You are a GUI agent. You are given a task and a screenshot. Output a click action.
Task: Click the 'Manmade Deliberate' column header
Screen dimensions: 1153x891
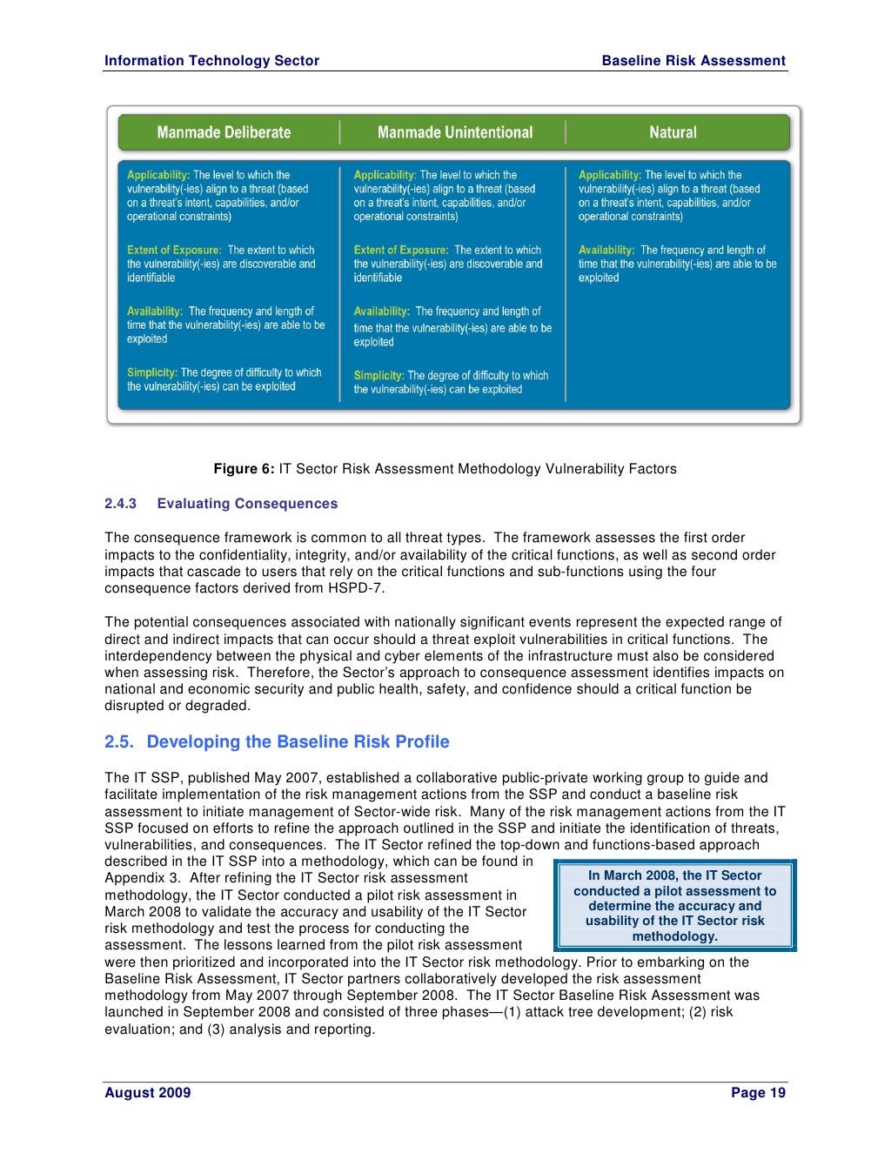pos(224,132)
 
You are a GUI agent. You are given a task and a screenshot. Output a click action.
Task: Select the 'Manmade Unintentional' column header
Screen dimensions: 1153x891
pos(454,132)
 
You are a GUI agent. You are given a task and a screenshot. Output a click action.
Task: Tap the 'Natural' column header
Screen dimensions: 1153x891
pos(673,132)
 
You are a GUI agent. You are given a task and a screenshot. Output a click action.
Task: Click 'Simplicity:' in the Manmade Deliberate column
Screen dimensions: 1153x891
pos(152,372)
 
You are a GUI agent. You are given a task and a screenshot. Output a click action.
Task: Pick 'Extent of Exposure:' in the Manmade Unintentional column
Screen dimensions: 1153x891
pos(401,250)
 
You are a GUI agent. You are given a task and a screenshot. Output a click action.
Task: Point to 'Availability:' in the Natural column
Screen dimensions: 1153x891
pos(606,250)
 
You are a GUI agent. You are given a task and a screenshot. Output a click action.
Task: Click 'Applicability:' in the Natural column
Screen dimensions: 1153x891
pos(609,175)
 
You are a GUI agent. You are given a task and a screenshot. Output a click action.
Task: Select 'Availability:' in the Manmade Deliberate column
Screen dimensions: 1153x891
pos(155,311)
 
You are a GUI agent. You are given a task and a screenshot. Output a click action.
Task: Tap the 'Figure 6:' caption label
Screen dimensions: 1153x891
pos(245,469)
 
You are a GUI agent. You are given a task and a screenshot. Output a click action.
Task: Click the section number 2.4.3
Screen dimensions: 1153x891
pos(121,504)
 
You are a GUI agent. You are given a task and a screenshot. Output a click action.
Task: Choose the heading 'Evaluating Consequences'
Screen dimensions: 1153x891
pos(247,504)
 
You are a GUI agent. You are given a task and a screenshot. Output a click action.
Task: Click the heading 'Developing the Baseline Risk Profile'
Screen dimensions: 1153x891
pos(298,741)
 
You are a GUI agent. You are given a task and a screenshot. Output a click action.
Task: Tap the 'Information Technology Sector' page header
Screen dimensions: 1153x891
pos(211,61)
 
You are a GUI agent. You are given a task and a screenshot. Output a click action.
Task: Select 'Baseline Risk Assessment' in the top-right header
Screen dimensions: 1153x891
pos(693,61)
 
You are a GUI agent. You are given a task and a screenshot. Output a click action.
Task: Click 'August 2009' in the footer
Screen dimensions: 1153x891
pos(147,1093)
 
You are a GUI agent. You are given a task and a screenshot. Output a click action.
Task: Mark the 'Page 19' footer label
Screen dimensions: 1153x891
pos(758,1093)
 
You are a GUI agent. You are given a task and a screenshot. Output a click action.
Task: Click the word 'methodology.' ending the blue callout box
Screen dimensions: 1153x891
pos(674,936)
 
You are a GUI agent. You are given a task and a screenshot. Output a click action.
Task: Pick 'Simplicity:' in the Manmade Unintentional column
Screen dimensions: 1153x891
pos(379,376)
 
